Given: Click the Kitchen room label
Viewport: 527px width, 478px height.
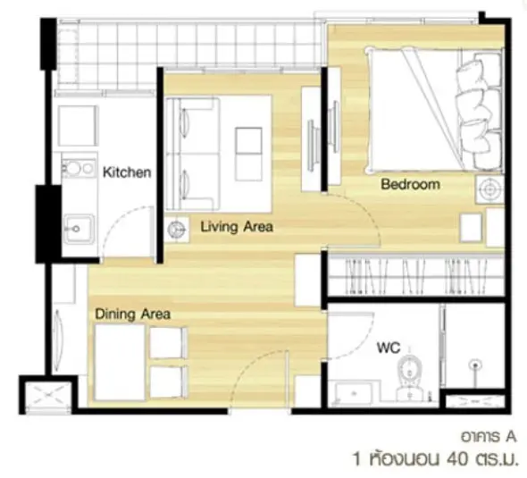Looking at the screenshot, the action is pos(127,172).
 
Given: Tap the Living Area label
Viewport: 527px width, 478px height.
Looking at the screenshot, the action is pos(237,227).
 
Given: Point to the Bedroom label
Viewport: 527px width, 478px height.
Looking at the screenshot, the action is pos(410,184).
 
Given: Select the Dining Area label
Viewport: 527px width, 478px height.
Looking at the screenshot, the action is pos(133,314).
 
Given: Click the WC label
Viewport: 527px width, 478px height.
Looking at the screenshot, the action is pos(389,348).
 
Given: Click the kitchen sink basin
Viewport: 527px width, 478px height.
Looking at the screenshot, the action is pos(79,229).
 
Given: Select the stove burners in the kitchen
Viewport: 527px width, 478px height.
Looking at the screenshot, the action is pos(79,168).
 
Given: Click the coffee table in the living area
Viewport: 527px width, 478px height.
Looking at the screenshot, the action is pos(248,155).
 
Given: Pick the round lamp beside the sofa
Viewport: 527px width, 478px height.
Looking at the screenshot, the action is pos(177,230).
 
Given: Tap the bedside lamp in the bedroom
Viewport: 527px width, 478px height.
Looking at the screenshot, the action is pos(489,189).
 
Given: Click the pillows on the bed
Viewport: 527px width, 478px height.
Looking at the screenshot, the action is pos(479,113).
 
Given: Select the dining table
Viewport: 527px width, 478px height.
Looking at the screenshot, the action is pos(120,362).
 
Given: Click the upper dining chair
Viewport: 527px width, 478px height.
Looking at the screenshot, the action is pos(168,342).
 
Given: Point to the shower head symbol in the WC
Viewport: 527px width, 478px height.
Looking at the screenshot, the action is pos(475,365).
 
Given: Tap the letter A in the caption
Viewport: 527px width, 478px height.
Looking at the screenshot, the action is pos(510,437).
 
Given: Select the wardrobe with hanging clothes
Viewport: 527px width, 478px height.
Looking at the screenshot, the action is pos(416,276).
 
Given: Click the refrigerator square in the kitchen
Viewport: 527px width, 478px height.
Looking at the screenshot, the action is pos(78,126).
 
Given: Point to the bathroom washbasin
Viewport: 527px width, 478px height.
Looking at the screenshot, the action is pos(353,392).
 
